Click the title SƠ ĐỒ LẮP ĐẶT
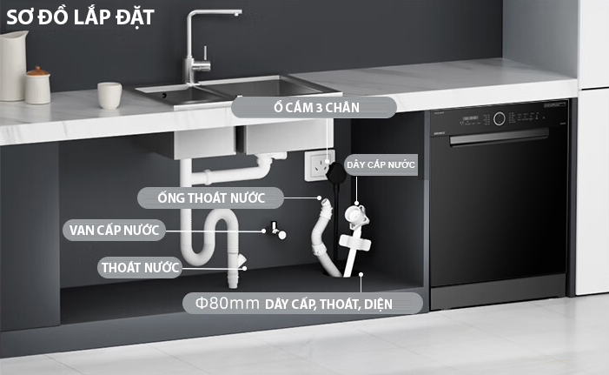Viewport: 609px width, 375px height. pos(81,17)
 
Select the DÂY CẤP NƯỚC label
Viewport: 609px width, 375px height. pos(381,164)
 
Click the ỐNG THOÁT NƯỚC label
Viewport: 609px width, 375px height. pos(211,198)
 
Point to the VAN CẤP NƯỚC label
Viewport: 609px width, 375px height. pos(114,230)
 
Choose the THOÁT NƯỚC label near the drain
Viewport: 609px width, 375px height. pos(140,267)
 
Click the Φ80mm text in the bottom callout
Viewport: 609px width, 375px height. pos(228,303)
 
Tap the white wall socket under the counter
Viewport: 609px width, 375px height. pos(319,165)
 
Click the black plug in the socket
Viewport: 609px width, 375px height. pos(336,172)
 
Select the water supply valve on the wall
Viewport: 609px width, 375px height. pos(278,231)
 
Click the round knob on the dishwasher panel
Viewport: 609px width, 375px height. pos(500,118)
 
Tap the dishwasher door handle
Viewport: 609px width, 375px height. pos(500,137)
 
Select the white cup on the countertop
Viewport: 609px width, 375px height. pos(109,96)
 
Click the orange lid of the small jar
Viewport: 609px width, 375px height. pos(37,71)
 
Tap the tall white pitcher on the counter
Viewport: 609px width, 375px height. pos(13,66)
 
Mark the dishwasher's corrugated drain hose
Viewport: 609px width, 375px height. pos(323,238)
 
